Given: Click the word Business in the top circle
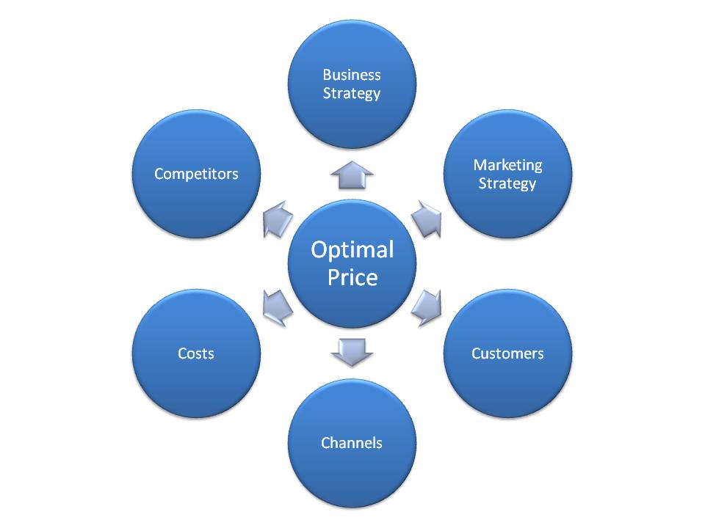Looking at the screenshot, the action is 352,75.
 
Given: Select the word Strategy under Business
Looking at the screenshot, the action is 352,93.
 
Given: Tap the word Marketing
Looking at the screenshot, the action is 507,165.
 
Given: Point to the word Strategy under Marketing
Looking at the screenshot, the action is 507,183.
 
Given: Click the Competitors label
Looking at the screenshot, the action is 196,174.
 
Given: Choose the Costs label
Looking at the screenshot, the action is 196,353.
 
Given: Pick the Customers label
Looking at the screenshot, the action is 507,353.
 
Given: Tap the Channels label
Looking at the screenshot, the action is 352,443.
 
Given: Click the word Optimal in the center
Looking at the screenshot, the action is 352,250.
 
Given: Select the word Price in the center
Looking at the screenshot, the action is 352,277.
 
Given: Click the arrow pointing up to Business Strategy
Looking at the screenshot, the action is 352,175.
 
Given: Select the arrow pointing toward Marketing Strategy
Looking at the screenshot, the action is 427,219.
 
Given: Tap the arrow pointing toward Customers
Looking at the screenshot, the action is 427,308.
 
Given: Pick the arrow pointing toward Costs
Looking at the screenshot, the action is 278,308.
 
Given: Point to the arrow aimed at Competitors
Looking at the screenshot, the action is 278,219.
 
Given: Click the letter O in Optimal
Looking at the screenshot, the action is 321,249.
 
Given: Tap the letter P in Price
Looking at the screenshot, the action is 334,277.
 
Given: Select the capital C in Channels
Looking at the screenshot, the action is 326,443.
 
